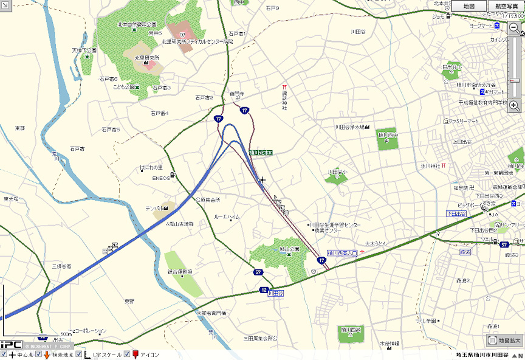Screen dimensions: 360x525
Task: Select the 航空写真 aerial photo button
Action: pyautogui.click(x=506, y=5)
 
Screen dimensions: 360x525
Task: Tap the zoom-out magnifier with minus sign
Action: pyautogui.click(x=514, y=28)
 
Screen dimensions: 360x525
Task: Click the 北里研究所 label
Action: pyautogui.click(x=146, y=58)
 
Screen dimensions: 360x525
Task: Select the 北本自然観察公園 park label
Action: pyautogui.click(x=137, y=24)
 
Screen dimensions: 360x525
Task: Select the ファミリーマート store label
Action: pyautogui.click(x=465, y=121)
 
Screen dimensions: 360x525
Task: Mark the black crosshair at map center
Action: pyautogui.click(x=262, y=180)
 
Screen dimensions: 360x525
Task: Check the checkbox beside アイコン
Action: pyautogui.click(x=127, y=354)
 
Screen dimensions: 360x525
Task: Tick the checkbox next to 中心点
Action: pyautogui.click(x=4, y=354)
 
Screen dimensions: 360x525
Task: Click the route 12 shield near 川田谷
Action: pyautogui.click(x=263, y=290)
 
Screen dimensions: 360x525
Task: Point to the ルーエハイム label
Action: pyautogui.click(x=227, y=216)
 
